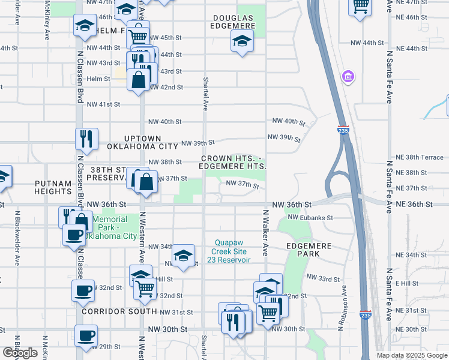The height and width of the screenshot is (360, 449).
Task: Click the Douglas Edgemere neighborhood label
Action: coord(234,22)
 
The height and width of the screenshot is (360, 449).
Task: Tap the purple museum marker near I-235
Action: coord(348,77)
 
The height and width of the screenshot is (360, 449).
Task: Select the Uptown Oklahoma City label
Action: coord(142,142)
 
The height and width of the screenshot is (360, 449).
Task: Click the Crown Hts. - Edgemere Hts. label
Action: coord(233,161)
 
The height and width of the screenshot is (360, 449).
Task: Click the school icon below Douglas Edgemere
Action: coord(242,41)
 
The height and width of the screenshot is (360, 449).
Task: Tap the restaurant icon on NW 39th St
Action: coord(86,139)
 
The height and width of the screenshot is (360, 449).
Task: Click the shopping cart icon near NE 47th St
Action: coord(360,6)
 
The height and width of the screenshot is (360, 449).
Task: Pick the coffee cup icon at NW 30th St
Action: coord(86,335)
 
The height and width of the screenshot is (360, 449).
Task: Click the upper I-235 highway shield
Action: coord(343,130)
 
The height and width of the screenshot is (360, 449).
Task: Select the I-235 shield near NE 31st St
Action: coord(364,314)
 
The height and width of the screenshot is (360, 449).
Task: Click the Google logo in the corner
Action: coord(20,353)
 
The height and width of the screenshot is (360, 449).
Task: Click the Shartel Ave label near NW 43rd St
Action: coord(205,94)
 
